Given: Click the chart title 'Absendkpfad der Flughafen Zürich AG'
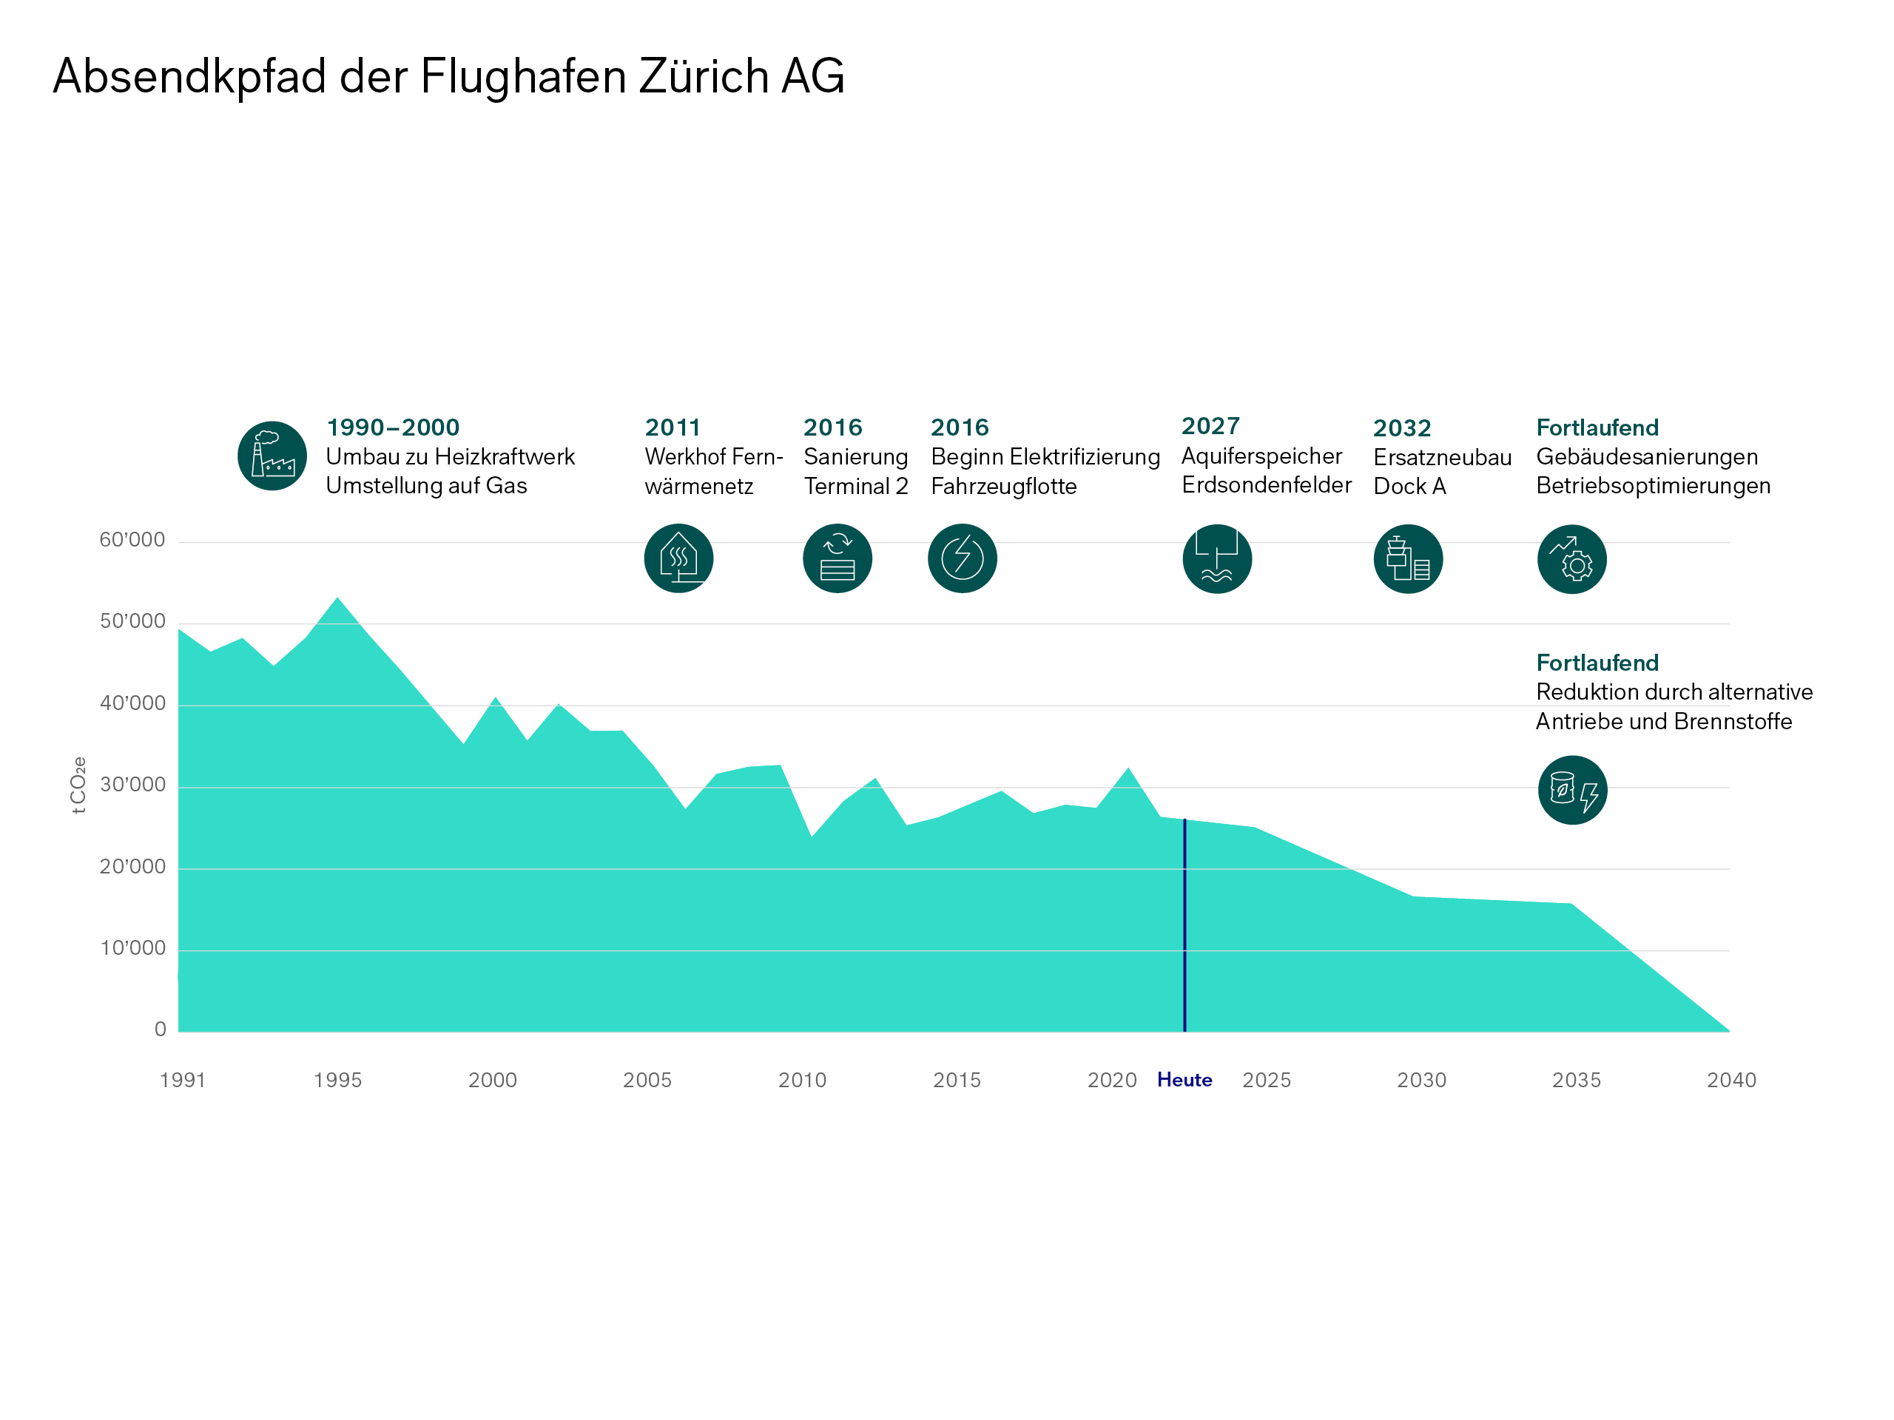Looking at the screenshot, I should click(x=448, y=76).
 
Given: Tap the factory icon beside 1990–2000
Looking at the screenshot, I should click(x=272, y=456).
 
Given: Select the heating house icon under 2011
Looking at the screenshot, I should click(x=678, y=558).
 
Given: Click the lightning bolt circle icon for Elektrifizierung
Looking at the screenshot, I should click(x=963, y=558).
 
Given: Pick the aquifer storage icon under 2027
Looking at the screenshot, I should click(x=1217, y=559).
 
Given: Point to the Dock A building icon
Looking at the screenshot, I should click(x=1408, y=559).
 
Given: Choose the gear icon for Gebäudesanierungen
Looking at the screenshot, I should click(x=1571, y=559).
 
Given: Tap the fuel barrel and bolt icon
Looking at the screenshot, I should click(x=1572, y=790).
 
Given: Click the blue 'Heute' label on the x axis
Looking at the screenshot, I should click(x=1184, y=1081).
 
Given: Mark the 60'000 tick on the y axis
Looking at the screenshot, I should click(x=132, y=540).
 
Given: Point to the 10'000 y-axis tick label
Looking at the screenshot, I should click(x=132, y=948).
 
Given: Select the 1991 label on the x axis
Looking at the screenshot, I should click(x=183, y=1081).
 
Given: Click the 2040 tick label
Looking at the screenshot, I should click(x=1730, y=1081).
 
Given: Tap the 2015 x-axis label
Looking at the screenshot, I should click(x=957, y=1081).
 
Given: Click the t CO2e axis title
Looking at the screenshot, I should click(x=78, y=785).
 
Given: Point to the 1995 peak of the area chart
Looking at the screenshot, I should click(x=337, y=598).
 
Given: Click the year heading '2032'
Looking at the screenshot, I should click(x=1402, y=428).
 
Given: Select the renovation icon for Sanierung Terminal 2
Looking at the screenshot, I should click(x=838, y=558).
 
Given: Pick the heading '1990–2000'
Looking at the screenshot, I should click(x=393, y=427).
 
